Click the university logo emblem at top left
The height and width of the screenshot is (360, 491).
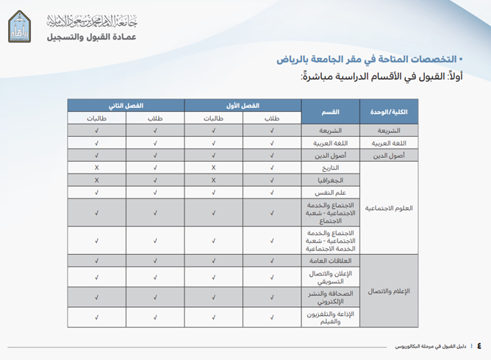pos(20,27)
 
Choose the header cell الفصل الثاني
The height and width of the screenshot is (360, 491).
pos(126,105)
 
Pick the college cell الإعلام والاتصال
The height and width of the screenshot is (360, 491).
pos(387,291)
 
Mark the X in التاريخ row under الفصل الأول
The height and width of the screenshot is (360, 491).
pos(213,168)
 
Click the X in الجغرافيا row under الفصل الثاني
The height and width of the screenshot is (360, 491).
pos(96,180)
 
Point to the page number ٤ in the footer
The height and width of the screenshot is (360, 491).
pos(479,345)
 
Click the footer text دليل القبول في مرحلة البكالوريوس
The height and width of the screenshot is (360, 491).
pos(431,345)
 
